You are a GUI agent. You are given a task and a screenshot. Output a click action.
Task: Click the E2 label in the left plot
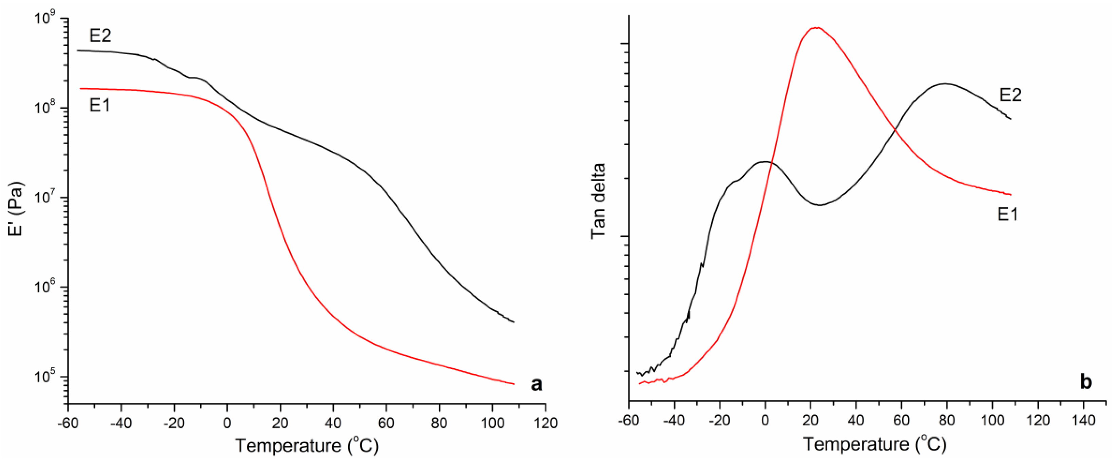tap(100, 35)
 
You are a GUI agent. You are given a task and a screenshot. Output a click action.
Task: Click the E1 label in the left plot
tap(100, 105)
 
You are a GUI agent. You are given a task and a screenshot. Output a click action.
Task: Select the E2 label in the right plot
tap(1011, 95)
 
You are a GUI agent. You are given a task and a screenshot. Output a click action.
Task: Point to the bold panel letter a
tap(536, 383)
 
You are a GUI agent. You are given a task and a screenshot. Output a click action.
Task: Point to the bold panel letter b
tap(1085, 382)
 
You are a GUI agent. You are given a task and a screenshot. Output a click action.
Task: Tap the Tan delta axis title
tap(598, 201)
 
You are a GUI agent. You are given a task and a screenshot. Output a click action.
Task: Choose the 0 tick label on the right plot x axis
tap(765, 420)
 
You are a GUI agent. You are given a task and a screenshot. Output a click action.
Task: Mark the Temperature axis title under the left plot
tap(307, 445)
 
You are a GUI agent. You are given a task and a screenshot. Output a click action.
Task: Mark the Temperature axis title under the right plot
tap(874, 444)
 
